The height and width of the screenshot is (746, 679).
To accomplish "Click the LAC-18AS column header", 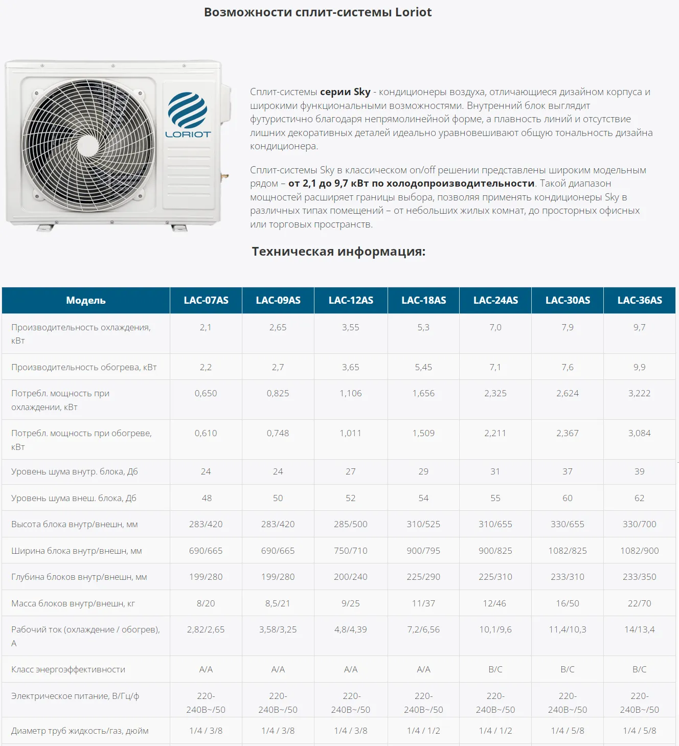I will pyautogui.click(x=423, y=300).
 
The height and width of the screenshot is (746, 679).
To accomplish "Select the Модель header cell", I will pyautogui.click(x=86, y=300).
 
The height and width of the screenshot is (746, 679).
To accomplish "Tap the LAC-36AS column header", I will pyautogui.click(x=639, y=300).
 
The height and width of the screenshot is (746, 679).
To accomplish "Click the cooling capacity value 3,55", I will pyautogui.click(x=351, y=327).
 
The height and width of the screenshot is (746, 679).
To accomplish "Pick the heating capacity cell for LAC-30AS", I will pyautogui.click(x=568, y=367).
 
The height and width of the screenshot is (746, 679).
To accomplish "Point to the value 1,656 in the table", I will pyautogui.click(x=423, y=393).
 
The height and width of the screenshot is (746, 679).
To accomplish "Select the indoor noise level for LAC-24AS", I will pyautogui.click(x=495, y=471).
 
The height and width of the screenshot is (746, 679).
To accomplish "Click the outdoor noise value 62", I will pyautogui.click(x=639, y=498).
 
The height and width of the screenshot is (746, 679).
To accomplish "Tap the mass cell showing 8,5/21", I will pyautogui.click(x=278, y=603).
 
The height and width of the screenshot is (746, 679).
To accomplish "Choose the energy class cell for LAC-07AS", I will pyautogui.click(x=206, y=669).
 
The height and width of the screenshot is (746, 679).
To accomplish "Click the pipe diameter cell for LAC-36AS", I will pyautogui.click(x=639, y=731).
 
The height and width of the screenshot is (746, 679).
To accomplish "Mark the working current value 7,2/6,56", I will pyautogui.click(x=423, y=629).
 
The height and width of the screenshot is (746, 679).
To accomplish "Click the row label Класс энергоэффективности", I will pyautogui.click(x=68, y=669).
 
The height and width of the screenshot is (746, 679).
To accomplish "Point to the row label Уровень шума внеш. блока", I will pyautogui.click(x=74, y=498).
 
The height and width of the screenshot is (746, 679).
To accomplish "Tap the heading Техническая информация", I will pyautogui.click(x=338, y=252).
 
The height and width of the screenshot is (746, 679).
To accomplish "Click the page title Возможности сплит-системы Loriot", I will pyautogui.click(x=318, y=12).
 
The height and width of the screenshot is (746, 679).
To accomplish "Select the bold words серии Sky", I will pyautogui.click(x=345, y=92).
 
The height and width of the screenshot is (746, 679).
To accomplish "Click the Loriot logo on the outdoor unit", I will pyautogui.click(x=188, y=115).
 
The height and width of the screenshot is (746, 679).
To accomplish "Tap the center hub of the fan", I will pyautogui.click(x=88, y=145).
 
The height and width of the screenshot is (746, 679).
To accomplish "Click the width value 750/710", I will pyautogui.click(x=351, y=551).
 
